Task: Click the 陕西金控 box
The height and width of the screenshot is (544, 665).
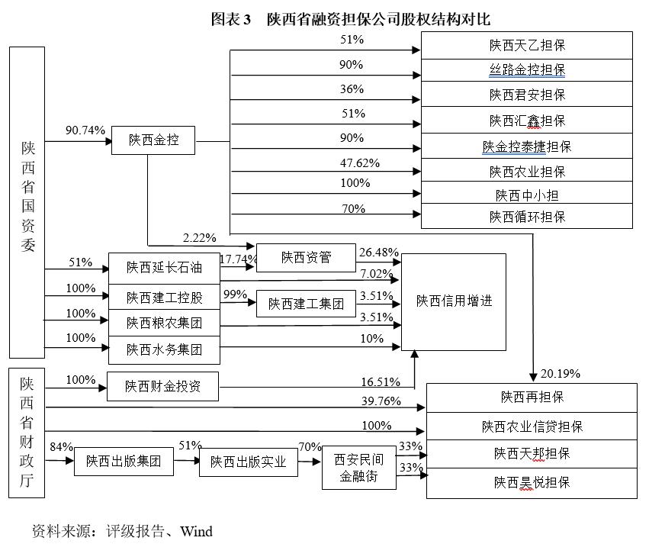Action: click(153, 140)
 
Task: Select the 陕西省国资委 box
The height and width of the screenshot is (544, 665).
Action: click(27, 202)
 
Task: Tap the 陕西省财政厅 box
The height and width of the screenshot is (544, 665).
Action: click(27, 433)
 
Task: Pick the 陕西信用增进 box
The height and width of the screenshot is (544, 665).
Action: click(454, 301)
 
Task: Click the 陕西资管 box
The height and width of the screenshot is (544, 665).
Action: click(306, 258)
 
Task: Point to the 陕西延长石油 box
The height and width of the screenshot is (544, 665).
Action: click(164, 267)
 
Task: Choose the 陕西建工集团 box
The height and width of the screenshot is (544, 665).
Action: click(306, 304)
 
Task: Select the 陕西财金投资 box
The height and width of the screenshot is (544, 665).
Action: click(162, 387)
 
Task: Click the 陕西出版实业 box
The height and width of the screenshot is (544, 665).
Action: click(248, 462)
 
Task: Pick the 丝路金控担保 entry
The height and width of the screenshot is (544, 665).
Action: click(526, 70)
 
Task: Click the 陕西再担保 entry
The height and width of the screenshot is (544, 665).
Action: click(532, 397)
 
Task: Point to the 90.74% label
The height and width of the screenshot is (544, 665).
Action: click(85, 130)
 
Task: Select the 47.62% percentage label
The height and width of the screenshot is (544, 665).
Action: click(359, 163)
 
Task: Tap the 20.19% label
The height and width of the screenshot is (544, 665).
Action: click(561, 374)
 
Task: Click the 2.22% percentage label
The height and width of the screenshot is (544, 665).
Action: click(199, 238)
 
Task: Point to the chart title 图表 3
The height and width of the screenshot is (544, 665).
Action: click(231, 20)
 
